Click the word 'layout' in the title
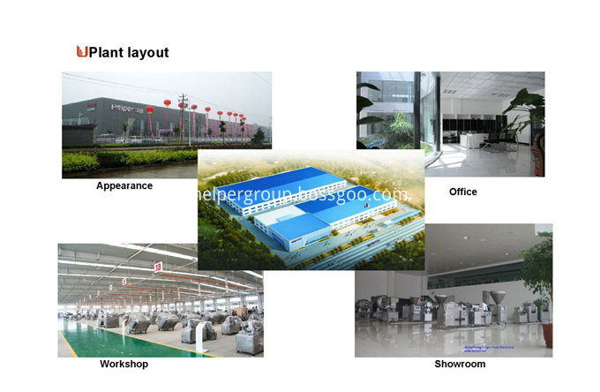pos(148,53)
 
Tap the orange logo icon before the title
pos(82,52)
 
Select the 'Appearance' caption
pos(124,186)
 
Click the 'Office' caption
pos(462,192)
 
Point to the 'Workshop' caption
pos(124,364)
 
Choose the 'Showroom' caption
pos(460,364)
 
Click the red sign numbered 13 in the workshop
pos(157,266)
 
